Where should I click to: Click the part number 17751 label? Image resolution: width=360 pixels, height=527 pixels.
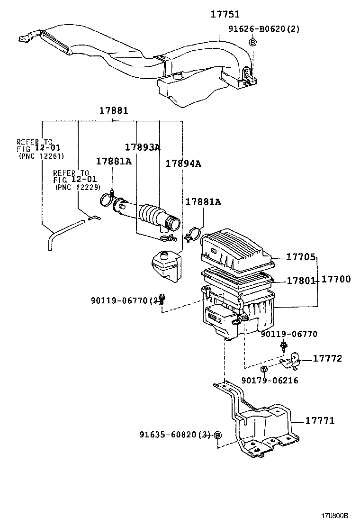click(x=225, y=14)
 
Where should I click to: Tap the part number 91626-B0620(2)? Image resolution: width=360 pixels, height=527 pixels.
click(x=264, y=29)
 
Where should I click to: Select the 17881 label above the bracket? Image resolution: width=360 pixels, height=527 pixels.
click(x=114, y=110)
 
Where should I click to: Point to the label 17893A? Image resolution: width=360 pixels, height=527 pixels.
click(x=143, y=147)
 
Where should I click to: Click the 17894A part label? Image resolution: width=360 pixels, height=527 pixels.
click(x=183, y=164)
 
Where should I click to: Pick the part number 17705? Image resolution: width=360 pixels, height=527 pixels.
click(x=301, y=257)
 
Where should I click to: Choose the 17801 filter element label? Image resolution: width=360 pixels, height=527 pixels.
click(x=301, y=280)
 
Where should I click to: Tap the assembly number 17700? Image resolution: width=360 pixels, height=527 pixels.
click(x=336, y=279)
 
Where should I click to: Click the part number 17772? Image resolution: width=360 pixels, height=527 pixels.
click(x=327, y=359)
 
